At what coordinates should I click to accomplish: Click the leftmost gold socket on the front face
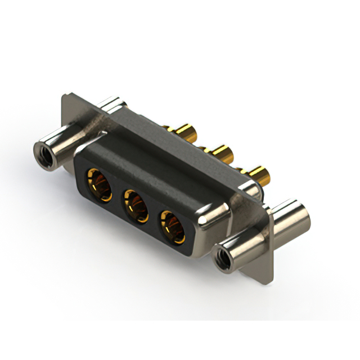(x=97, y=182)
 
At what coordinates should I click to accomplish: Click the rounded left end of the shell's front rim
(x=79, y=160)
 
